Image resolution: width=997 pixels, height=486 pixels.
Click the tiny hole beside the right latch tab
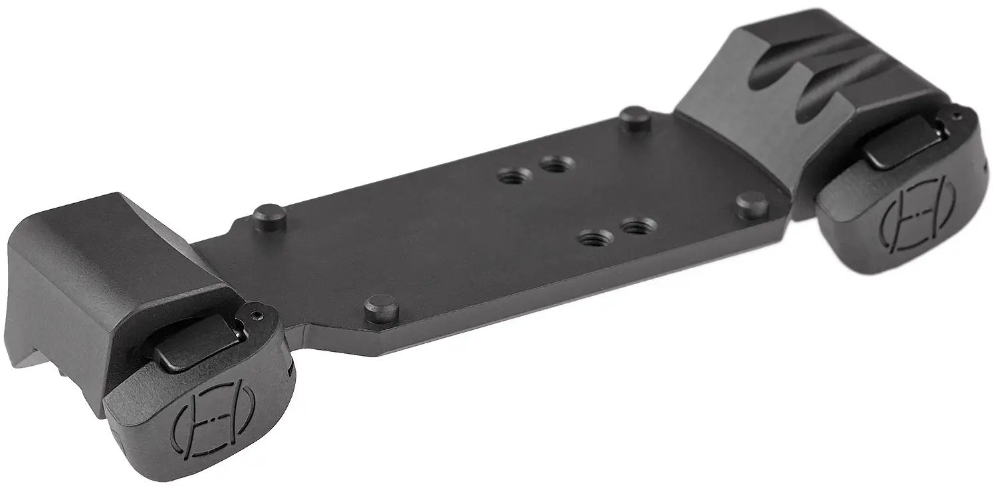point(955,117)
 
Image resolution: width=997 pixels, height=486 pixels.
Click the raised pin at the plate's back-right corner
point(634,118)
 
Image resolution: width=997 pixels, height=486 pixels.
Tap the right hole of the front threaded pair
point(635,226)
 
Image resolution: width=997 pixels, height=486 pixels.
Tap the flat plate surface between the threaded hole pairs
point(572,199)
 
